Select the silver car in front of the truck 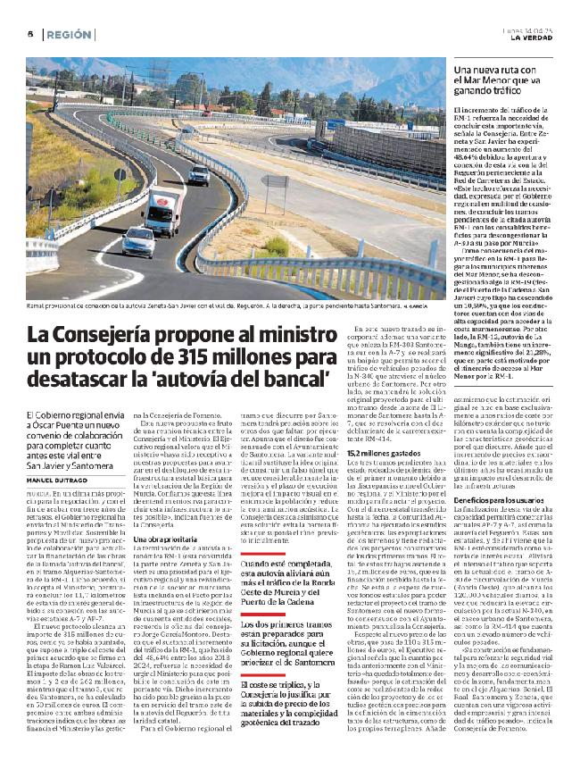(138, 242)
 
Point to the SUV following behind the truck (199, 174)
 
